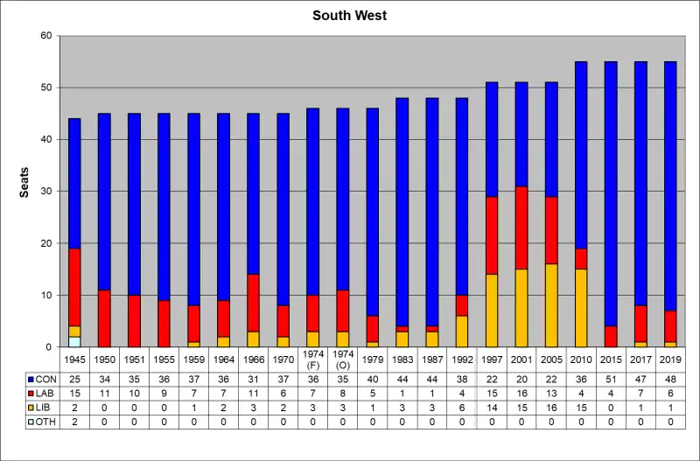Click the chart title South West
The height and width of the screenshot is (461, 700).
[350, 16]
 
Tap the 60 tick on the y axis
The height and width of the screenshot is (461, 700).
[45, 36]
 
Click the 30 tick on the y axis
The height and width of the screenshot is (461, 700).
[45, 192]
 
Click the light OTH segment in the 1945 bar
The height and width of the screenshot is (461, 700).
[74, 342]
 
